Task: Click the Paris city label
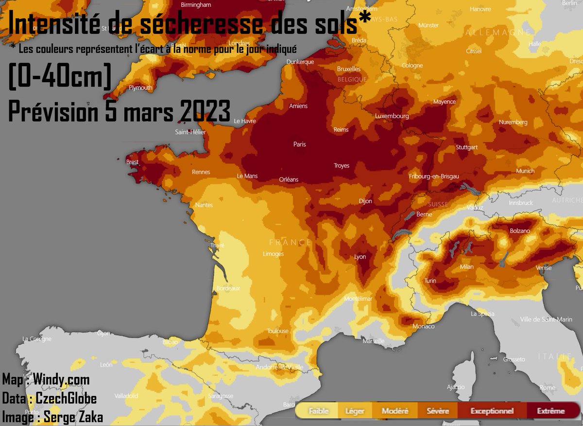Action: [300, 144]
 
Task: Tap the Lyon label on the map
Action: [360, 257]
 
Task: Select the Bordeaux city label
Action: [228, 288]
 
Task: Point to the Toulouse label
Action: [277, 331]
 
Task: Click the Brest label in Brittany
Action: [132, 162]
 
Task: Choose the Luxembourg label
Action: [392, 116]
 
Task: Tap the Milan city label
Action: [466, 266]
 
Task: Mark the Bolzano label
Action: [519, 231]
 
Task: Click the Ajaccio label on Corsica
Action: [456, 388]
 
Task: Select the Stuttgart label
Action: [467, 147]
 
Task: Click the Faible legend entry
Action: [318, 411]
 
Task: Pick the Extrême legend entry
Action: [550, 411]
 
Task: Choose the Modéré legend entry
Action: [395, 411]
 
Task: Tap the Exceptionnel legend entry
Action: [492, 411]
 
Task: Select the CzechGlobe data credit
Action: [66, 399]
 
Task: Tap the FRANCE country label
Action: [290, 242]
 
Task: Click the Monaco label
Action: [423, 326]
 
